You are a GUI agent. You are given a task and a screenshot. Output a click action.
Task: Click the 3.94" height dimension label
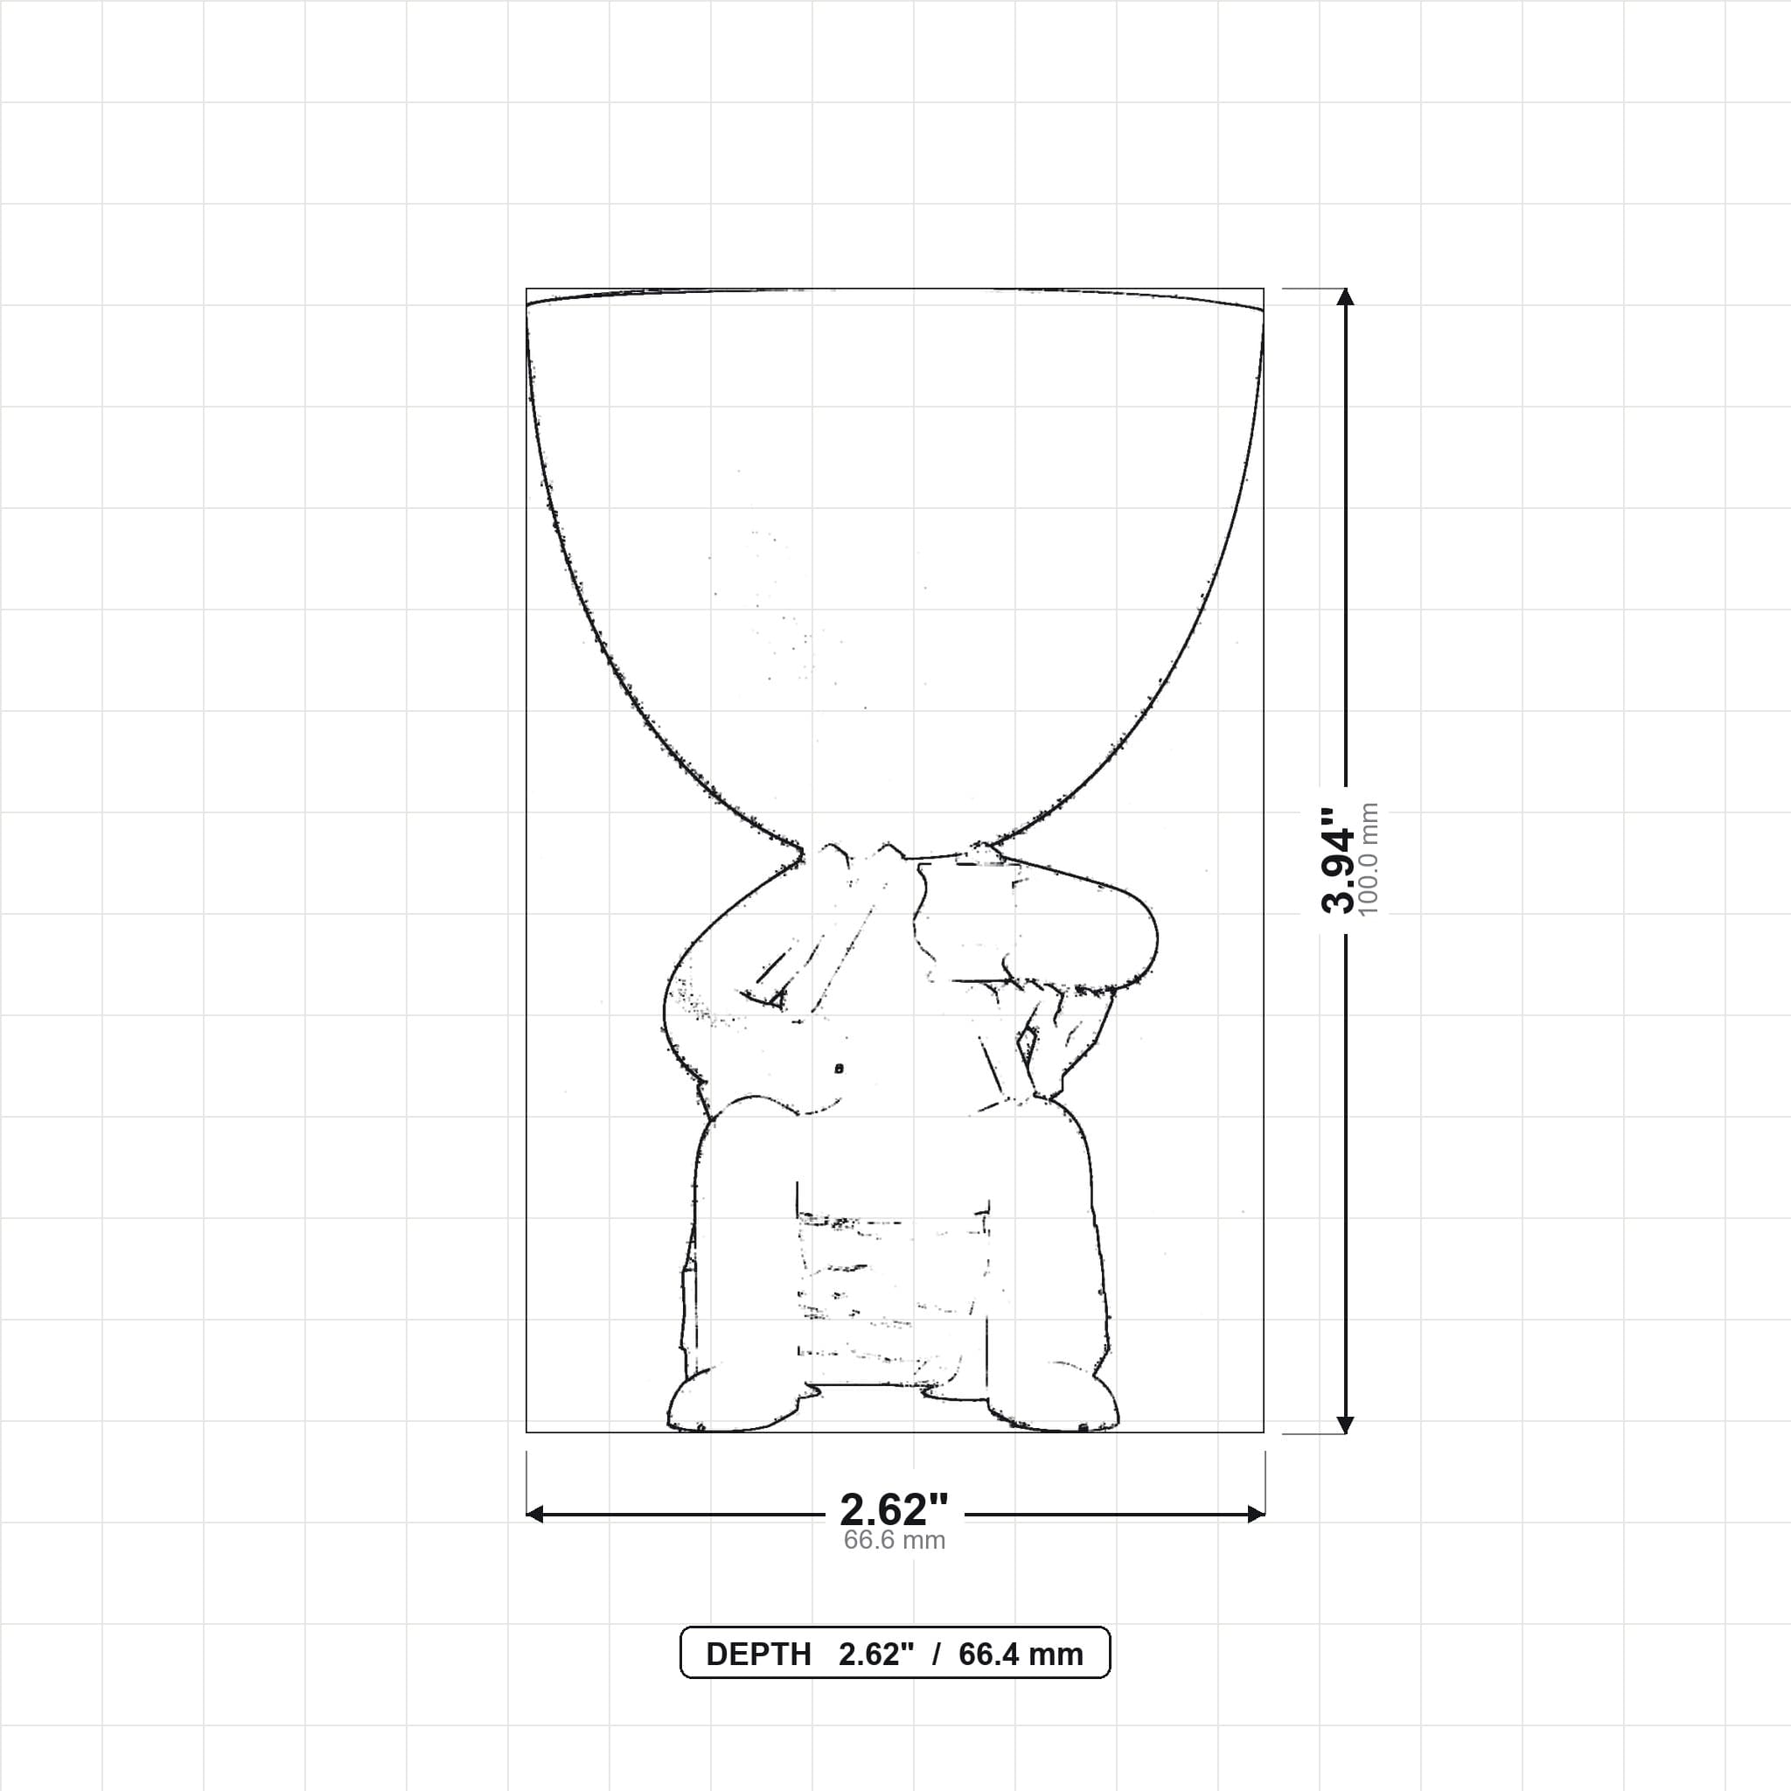click(x=1337, y=860)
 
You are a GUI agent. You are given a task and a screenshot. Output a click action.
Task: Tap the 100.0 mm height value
click(x=1369, y=860)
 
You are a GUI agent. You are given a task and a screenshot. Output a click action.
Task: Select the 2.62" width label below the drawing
click(x=895, y=1510)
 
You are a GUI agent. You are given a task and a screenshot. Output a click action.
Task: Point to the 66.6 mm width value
click(x=895, y=1541)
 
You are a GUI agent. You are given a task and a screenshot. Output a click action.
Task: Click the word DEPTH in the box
click(x=758, y=1655)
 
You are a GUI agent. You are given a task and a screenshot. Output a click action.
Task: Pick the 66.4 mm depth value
click(x=1021, y=1655)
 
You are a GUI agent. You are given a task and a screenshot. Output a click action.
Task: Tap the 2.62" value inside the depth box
click(x=876, y=1655)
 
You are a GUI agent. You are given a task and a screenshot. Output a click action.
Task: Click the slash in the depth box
click(x=937, y=1655)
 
